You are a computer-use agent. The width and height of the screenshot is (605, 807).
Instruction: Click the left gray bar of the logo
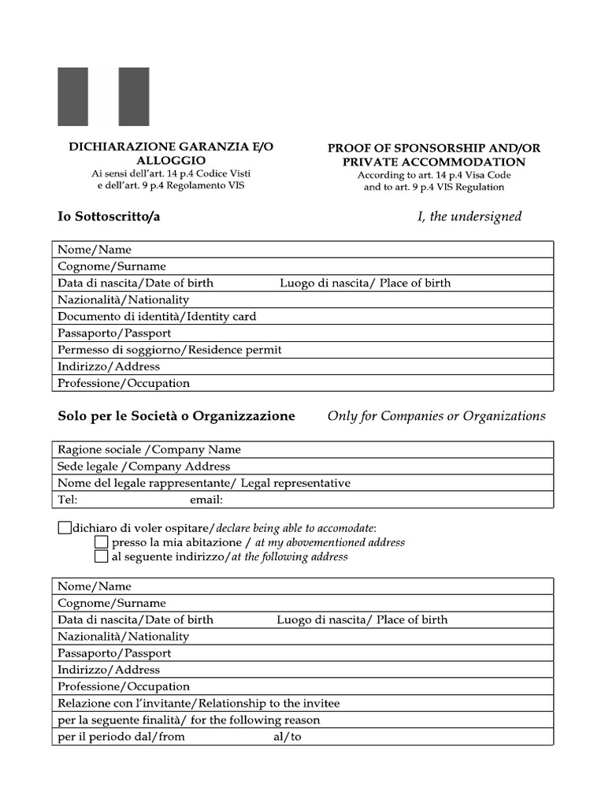[x=72, y=97]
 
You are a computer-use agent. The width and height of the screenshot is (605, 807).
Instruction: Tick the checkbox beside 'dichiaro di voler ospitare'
[x=64, y=527]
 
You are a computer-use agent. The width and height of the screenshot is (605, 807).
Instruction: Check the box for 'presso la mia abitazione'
[x=101, y=542]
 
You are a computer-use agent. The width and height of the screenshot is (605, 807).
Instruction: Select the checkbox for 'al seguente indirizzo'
[x=101, y=556]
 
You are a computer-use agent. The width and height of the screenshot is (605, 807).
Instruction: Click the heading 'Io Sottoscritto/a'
[x=109, y=217]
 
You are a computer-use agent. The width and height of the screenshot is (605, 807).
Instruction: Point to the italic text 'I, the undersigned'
[x=470, y=217]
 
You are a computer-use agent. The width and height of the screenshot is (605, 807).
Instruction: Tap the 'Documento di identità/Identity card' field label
[x=157, y=317]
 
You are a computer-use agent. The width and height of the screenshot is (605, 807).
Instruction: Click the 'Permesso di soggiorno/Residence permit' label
[x=169, y=350]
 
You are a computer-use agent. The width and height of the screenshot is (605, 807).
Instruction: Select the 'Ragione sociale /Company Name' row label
[x=149, y=450]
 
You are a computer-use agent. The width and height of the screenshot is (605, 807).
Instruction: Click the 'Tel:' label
[x=67, y=500]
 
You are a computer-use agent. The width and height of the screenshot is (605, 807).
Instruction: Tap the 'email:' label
[x=206, y=500]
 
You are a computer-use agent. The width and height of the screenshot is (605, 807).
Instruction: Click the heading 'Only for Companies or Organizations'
[x=436, y=416]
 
